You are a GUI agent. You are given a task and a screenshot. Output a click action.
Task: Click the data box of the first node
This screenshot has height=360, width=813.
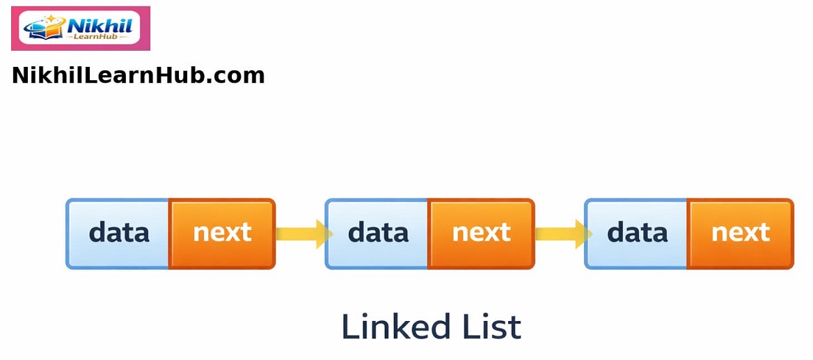(118, 233)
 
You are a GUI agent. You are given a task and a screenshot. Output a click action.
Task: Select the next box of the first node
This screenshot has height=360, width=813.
(222, 233)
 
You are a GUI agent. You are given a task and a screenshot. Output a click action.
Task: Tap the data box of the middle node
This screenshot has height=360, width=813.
(377, 233)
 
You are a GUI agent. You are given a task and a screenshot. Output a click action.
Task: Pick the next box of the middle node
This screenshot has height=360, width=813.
(481, 233)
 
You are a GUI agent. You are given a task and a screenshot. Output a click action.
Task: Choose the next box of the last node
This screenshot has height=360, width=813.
(740, 233)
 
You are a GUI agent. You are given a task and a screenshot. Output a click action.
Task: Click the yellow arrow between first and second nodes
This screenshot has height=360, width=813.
(301, 233)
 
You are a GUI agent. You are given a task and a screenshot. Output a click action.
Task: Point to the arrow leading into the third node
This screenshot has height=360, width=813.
(560, 233)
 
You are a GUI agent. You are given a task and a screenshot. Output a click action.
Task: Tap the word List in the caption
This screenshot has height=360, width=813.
(491, 327)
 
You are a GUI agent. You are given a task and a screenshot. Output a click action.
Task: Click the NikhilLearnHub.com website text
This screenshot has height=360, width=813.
(138, 75)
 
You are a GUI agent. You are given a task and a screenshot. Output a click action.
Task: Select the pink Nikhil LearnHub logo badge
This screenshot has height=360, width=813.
(80, 29)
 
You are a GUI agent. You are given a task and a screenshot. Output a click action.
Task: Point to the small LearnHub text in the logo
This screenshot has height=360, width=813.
(97, 36)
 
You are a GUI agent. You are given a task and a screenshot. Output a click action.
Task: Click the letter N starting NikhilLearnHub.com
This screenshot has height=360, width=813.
(19, 75)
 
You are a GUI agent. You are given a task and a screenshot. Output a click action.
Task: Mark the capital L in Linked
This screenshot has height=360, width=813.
(349, 327)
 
